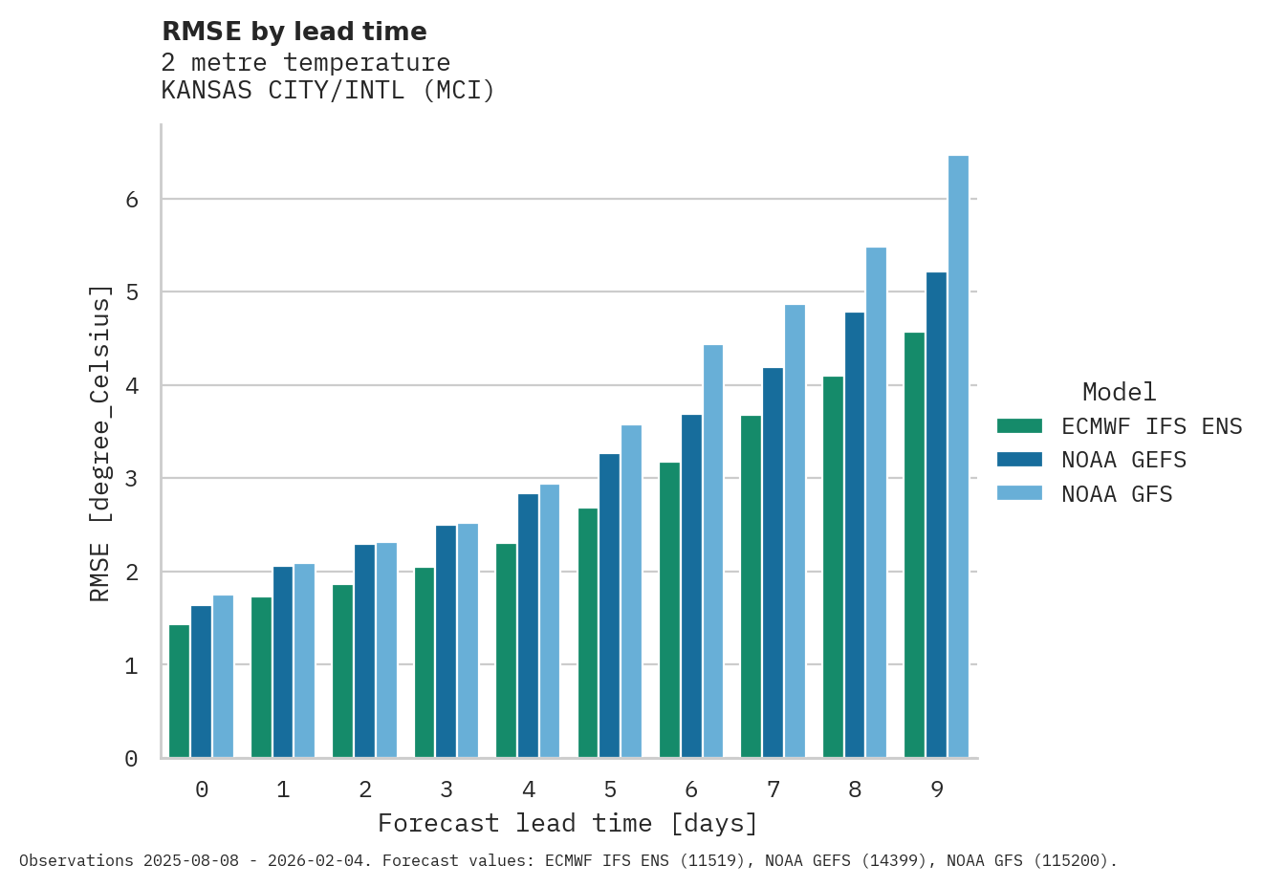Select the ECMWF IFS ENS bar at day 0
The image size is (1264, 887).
[179, 691]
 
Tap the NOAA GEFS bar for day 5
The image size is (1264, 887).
[609, 606]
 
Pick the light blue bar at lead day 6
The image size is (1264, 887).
[713, 552]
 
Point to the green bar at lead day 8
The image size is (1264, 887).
[833, 567]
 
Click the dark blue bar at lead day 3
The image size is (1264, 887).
[446, 641]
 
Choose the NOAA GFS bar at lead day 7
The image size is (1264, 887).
[795, 531]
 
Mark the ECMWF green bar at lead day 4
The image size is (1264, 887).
[506, 651]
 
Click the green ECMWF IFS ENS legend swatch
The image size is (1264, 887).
[1019, 426]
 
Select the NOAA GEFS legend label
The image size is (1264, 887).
[1123, 460]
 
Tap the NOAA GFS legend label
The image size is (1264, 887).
[1117, 494]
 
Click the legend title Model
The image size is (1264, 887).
[1119, 392]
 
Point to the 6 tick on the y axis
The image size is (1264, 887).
[132, 200]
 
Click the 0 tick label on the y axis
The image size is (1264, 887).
[132, 759]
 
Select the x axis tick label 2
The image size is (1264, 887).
[365, 790]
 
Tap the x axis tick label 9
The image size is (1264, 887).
[937, 790]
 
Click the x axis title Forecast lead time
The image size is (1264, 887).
[568, 823]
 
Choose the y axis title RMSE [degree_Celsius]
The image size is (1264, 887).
[100, 443]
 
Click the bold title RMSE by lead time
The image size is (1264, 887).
[294, 32]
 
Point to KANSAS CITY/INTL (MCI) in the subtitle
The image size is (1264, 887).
[328, 91]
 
